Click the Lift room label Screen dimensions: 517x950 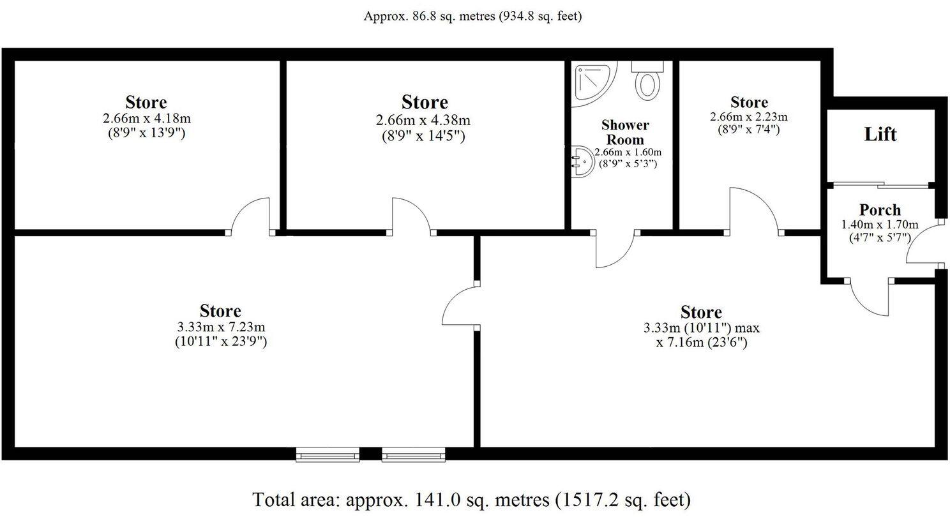[x=880, y=135]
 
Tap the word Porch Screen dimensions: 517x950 [x=880, y=209]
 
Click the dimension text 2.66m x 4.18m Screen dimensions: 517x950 [x=146, y=118]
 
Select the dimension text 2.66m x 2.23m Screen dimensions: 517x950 [x=749, y=117]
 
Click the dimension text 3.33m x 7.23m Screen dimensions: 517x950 [x=220, y=327]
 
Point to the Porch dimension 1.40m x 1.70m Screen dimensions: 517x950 [x=880, y=224]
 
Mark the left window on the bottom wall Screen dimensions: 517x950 [x=328, y=454]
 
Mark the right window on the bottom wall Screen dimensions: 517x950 [x=413, y=454]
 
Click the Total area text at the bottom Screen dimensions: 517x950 [x=472, y=498]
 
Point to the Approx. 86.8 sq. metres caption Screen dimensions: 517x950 [x=472, y=17]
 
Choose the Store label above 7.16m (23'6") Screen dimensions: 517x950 [x=701, y=312]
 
